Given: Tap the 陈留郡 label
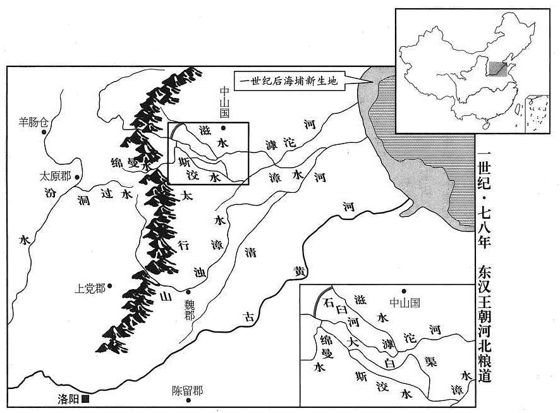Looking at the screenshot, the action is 187,391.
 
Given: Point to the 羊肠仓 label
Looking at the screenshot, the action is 33,123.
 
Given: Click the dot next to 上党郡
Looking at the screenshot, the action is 110,285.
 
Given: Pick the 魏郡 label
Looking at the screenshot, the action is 189,310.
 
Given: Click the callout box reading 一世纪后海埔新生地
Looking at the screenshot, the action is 289,81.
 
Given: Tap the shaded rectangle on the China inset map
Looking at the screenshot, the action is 498,69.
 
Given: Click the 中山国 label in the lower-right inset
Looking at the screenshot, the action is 405,303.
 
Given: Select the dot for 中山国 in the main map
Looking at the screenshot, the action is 224,128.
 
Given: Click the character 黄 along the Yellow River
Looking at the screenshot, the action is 300,271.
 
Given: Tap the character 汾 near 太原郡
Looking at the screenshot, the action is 51,192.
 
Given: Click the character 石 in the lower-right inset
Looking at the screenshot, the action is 328,302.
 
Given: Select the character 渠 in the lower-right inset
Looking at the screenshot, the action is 430,361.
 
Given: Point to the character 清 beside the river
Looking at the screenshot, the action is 250,252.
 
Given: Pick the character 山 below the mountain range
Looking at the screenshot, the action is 164,296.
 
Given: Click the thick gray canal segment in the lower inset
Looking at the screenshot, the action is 317,299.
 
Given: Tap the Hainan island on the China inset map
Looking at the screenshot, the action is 485,126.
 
